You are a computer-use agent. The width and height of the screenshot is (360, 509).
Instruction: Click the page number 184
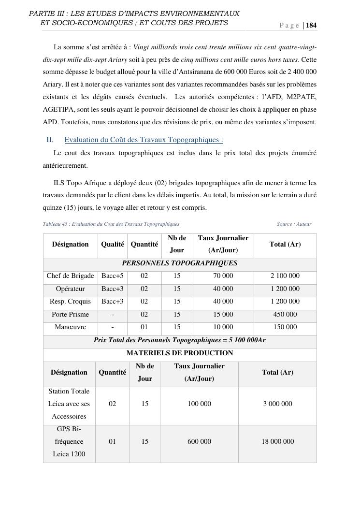pos(311,26)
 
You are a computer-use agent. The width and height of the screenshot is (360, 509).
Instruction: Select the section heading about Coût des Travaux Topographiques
pos(144,140)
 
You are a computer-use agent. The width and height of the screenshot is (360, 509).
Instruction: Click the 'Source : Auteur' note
pos(294,224)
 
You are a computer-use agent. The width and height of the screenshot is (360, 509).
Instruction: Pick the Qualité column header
pos(112,245)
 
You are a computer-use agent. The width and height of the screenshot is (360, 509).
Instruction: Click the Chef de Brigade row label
pos(70,276)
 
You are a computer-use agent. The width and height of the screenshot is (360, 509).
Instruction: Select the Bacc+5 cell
pos(112,276)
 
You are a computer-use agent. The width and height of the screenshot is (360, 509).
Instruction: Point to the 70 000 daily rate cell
pos(223,276)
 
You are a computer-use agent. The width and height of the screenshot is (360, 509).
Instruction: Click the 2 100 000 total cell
pos(285,276)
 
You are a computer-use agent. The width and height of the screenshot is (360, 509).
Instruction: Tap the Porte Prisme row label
pos(70,314)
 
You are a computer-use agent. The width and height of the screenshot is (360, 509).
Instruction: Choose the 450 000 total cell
pos(285,314)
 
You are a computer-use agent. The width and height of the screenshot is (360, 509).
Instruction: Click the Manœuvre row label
pos(70,327)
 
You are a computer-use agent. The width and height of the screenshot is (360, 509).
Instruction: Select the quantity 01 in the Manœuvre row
pos(144,327)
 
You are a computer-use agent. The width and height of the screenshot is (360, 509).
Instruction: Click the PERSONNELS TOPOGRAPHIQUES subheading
pos(179,263)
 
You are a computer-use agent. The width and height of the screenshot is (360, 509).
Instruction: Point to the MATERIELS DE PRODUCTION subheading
pos(179,353)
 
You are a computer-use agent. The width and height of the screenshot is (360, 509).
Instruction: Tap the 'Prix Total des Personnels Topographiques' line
pos(179,340)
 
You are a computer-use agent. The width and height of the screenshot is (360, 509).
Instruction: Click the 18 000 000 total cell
pos(277,441)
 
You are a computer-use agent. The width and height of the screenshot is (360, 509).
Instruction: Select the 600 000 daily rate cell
pos(199,441)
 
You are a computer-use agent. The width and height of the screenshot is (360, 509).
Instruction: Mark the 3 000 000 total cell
pos(277,404)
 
